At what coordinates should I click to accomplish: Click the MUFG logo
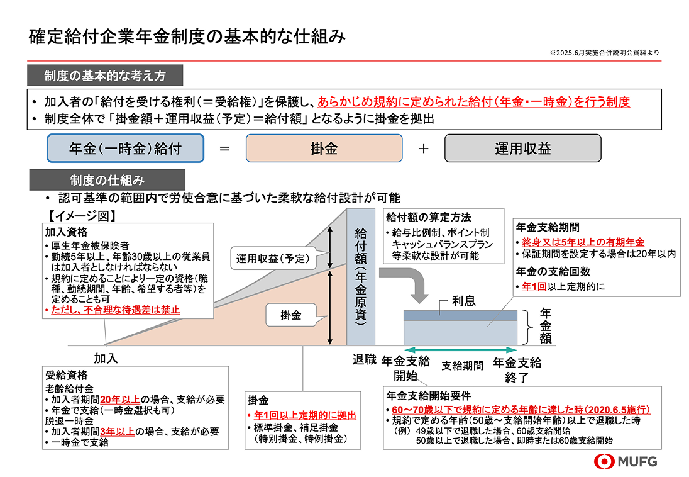click(x=626, y=461)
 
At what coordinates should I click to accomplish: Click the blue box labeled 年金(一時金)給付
click(x=125, y=149)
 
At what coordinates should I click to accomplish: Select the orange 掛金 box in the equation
click(x=324, y=149)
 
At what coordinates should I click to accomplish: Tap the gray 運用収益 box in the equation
click(x=522, y=149)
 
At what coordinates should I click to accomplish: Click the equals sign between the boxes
click(x=224, y=149)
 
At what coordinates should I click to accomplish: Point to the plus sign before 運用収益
click(x=423, y=149)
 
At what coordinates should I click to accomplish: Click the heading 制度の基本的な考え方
click(x=105, y=76)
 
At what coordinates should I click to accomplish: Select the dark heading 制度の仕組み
click(x=107, y=181)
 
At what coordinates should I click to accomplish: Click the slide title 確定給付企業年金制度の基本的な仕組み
click(x=187, y=36)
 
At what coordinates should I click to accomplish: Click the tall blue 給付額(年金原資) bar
click(x=360, y=277)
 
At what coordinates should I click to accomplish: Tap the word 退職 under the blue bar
click(x=364, y=360)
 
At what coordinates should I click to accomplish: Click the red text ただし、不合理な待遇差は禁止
click(x=113, y=310)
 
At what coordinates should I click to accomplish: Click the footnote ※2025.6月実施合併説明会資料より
click(x=604, y=53)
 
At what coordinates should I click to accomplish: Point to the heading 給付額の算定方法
click(x=428, y=218)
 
